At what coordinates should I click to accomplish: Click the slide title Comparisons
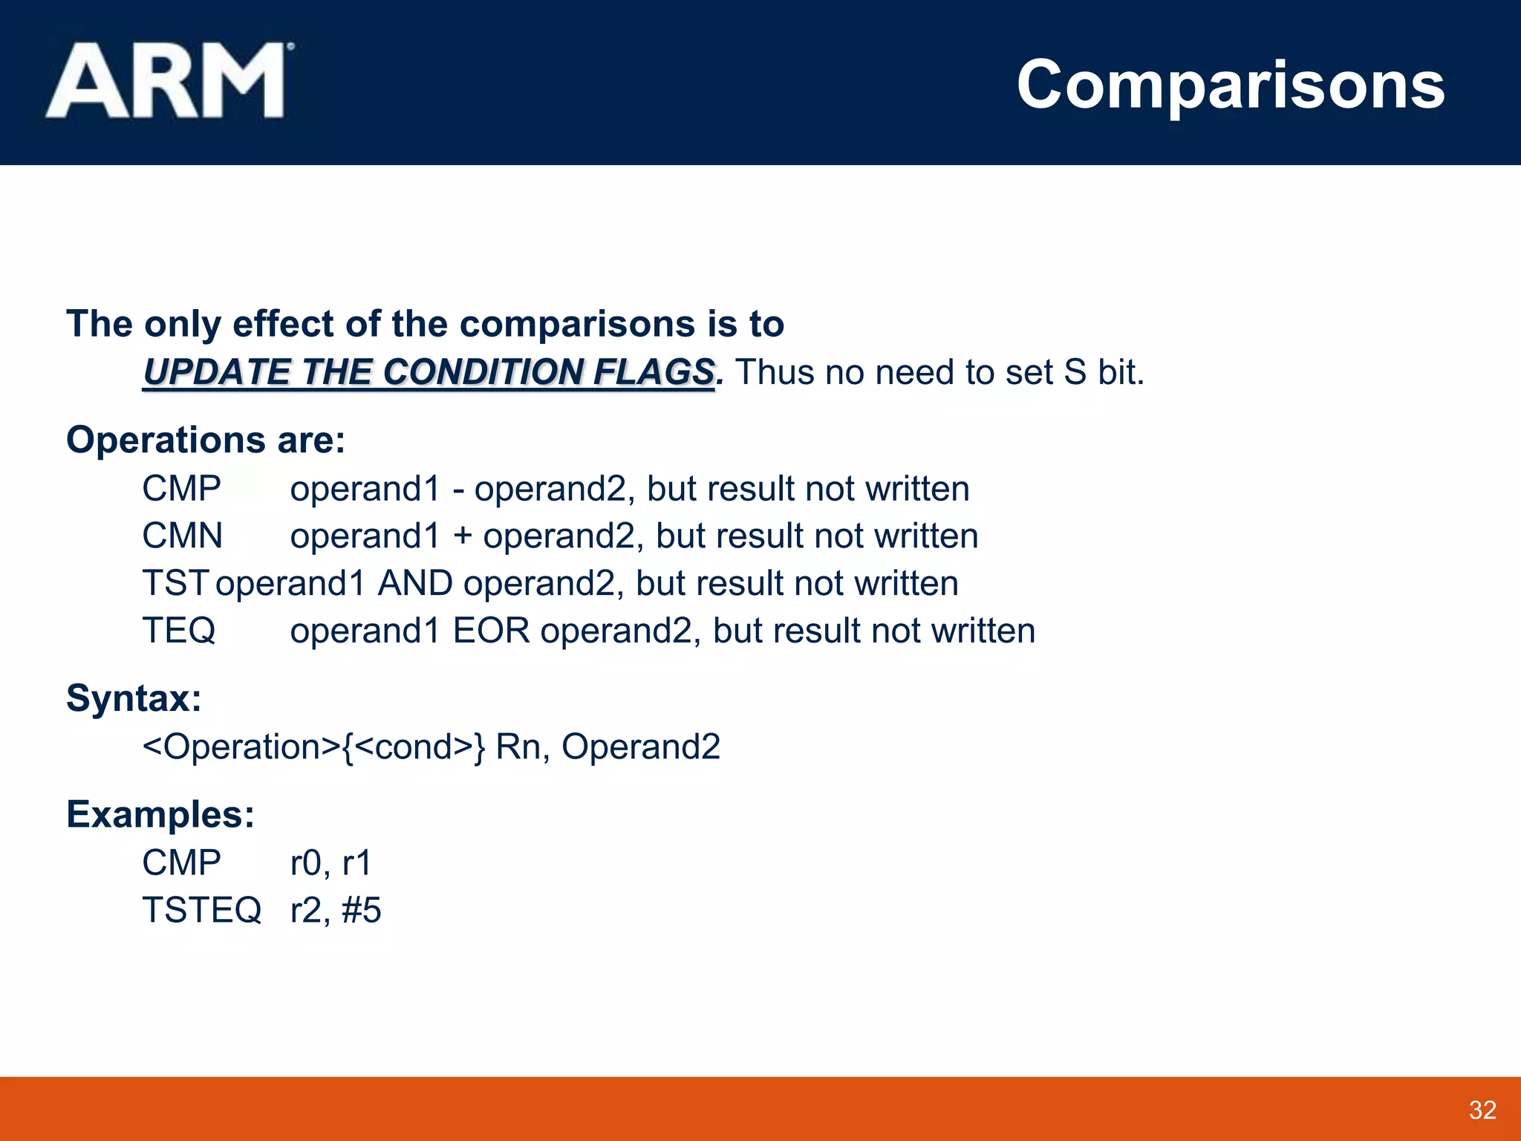point(1230,85)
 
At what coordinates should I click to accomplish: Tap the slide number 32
point(1482,1110)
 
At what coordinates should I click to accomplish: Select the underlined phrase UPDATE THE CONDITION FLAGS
point(429,372)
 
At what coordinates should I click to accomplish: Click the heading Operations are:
point(206,440)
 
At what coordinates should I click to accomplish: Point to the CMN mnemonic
point(182,536)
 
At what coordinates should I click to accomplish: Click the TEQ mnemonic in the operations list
point(178,631)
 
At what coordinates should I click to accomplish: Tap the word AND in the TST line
point(415,583)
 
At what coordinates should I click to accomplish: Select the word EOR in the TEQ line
point(491,631)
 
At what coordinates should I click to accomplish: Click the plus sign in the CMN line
point(462,536)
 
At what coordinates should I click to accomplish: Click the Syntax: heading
point(134,698)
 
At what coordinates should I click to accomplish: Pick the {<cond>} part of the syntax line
point(414,747)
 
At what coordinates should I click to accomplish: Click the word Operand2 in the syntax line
point(640,747)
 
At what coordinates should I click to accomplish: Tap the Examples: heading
point(160,814)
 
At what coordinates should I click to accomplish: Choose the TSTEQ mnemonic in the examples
point(201,910)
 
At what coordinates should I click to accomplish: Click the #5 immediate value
point(362,910)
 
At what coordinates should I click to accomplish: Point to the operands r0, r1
point(330,862)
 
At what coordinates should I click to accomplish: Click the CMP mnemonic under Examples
point(181,862)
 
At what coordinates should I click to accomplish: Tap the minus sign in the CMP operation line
point(457,490)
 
